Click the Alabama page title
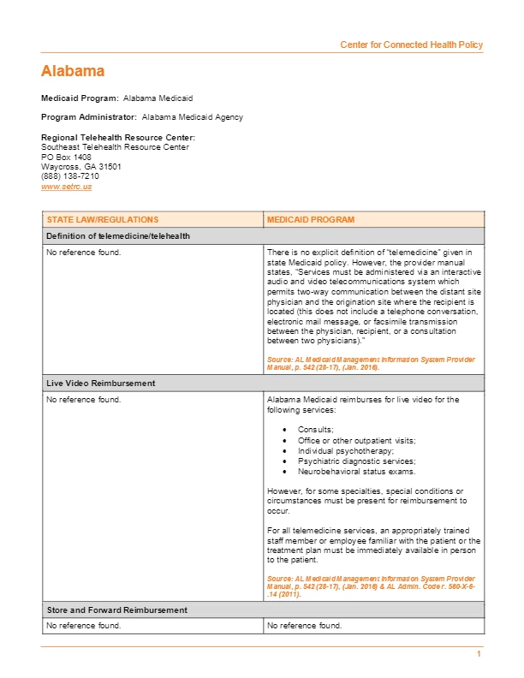point(73,71)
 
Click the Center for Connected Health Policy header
point(411,45)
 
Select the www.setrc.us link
point(66,186)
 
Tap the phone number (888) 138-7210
point(70,176)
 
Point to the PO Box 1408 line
point(66,157)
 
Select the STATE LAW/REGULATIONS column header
point(103,220)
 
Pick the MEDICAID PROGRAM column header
point(310,220)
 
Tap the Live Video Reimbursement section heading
point(101,384)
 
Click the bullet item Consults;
point(316,429)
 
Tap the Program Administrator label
point(89,117)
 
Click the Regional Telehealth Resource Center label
point(118,138)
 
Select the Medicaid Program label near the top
point(80,98)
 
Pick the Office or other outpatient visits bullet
point(357,440)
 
